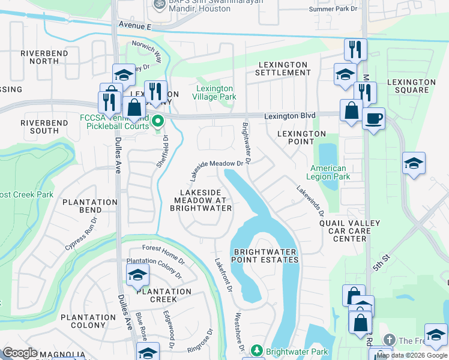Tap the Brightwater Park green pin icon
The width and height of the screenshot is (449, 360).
coord(256,350)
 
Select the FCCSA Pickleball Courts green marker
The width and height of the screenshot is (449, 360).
coord(158,121)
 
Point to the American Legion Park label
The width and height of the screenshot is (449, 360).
coord(327,173)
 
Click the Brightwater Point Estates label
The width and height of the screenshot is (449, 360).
coord(266,256)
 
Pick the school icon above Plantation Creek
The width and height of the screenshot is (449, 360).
coord(137,275)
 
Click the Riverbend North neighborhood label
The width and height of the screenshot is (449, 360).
coord(40,57)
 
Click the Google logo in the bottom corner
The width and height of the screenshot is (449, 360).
coord(19,353)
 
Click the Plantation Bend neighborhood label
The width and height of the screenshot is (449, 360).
coord(90,206)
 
